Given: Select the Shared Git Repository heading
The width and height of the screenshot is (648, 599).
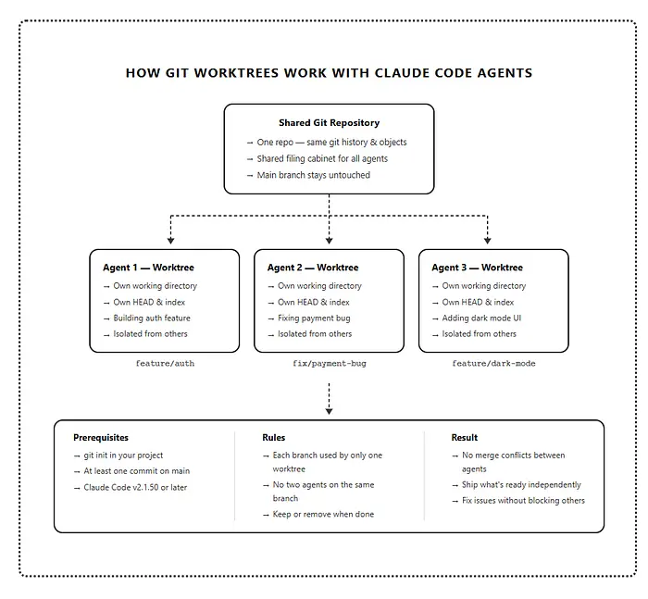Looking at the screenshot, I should (x=329, y=122).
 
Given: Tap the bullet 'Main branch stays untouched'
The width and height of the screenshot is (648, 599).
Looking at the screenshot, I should (x=313, y=175).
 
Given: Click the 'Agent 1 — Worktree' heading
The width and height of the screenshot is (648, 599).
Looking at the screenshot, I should (x=148, y=268).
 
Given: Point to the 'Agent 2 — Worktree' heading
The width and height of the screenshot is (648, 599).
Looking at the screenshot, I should (x=313, y=268).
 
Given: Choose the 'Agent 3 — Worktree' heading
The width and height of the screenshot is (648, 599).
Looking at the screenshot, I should (x=477, y=268).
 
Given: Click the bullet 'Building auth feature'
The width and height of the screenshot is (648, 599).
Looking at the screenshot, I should (x=152, y=318).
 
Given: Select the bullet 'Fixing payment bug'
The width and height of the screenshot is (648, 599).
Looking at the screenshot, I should (x=314, y=318).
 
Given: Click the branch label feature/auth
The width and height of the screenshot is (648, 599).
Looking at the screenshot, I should (x=165, y=364).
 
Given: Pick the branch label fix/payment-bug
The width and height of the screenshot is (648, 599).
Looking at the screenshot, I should (x=329, y=364).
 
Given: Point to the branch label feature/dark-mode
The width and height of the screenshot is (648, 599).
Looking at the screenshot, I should (x=493, y=364).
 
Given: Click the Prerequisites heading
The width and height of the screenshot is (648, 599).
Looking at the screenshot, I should (x=101, y=437).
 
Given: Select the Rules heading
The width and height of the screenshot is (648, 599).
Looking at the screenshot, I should (x=274, y=437).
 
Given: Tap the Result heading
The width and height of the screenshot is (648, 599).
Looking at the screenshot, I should (x=465, y=437).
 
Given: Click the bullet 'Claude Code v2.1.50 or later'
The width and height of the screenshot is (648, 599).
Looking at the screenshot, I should (x=135, y=487).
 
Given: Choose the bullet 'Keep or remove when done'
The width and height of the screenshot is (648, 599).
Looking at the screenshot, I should (x=323, y=514).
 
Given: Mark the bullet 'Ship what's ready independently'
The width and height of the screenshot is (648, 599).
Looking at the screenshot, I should (x=522, y=484).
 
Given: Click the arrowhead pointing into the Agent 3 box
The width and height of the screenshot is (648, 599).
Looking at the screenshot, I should (x=487, y=240).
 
